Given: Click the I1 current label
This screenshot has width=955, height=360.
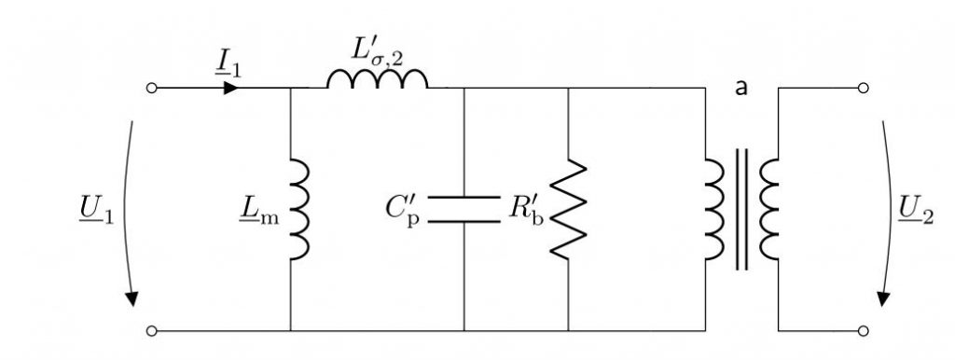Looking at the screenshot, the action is (x=228, y=64).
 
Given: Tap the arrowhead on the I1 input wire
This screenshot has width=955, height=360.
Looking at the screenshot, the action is (x=231, y=88).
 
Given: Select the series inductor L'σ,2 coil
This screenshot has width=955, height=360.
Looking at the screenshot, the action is (x=378, y=79).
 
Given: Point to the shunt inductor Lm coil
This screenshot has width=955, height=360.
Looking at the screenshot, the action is (x=299, y=209).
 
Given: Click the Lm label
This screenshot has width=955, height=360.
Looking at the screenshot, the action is (x=259, y=214).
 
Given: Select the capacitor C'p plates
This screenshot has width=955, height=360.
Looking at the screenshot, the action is (x=464, y=209).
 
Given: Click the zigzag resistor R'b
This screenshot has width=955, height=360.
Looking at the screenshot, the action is (x=568, y=209).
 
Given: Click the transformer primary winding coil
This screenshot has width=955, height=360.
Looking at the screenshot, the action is (x=715, y=209).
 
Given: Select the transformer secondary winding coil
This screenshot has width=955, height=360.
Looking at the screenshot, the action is (x=768, y=209).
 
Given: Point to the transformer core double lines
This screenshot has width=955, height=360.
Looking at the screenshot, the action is (x=741, y=209).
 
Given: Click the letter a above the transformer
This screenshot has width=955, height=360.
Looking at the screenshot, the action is (x=740, y=88).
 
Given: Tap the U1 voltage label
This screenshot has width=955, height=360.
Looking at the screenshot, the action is (x=97, y=214).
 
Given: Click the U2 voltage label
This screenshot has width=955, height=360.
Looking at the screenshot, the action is (x=916, y=214).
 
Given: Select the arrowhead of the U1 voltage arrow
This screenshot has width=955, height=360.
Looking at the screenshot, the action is (x=131, y=298).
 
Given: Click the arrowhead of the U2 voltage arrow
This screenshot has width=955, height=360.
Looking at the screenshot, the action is (x=883, y=298).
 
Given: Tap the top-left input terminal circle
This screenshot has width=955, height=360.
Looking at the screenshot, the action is (x=152, y=88).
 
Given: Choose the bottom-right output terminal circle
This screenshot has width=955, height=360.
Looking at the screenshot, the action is (x=863, y=331).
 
